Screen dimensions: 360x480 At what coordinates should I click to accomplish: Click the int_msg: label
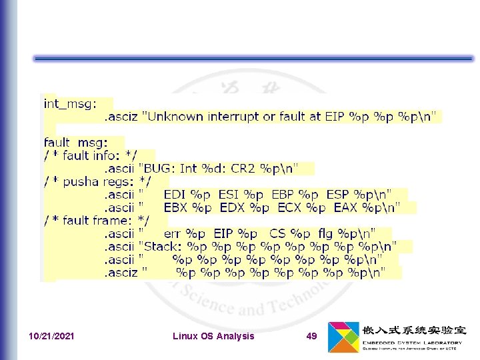pos(70,103)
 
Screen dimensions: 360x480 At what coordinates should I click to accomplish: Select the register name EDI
pos(175,195)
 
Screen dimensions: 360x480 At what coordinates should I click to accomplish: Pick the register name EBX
pos(177,207)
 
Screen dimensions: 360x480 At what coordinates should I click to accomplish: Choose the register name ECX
pos(290,207)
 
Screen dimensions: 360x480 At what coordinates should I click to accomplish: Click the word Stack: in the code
pos(163,246)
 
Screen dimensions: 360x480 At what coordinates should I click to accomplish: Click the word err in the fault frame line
pos(173,233)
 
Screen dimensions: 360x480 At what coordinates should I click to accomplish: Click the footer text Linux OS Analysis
pos(213,336)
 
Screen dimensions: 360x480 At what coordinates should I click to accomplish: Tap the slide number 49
pos(311,336)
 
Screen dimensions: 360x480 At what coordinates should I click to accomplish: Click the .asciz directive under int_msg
pos(120,117)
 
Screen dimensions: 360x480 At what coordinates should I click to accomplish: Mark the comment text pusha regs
pos(99,181)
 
